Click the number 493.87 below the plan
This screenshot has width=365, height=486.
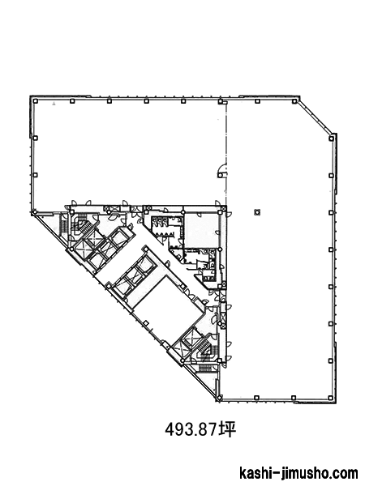point(191,429)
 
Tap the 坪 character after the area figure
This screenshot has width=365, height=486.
point(227,429)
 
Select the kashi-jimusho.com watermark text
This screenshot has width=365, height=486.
point(298,474)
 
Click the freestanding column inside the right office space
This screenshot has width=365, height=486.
point(257,212)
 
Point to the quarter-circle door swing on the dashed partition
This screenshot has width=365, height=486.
point(222,168)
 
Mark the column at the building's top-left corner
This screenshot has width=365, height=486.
point(36,101)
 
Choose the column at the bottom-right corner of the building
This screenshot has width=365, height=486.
point(332,398)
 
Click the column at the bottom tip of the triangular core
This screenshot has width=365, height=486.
point(220,398)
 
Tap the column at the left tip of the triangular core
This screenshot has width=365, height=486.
point(34,212)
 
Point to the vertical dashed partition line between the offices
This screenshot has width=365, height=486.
point(226,153)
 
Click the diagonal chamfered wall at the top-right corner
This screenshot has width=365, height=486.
point(316,116)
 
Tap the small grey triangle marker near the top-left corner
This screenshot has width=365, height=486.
point(54,104)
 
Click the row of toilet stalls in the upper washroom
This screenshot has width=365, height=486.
point(159,222)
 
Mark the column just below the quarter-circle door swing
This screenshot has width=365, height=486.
point(220,176)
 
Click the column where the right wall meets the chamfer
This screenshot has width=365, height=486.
point(332,139)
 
